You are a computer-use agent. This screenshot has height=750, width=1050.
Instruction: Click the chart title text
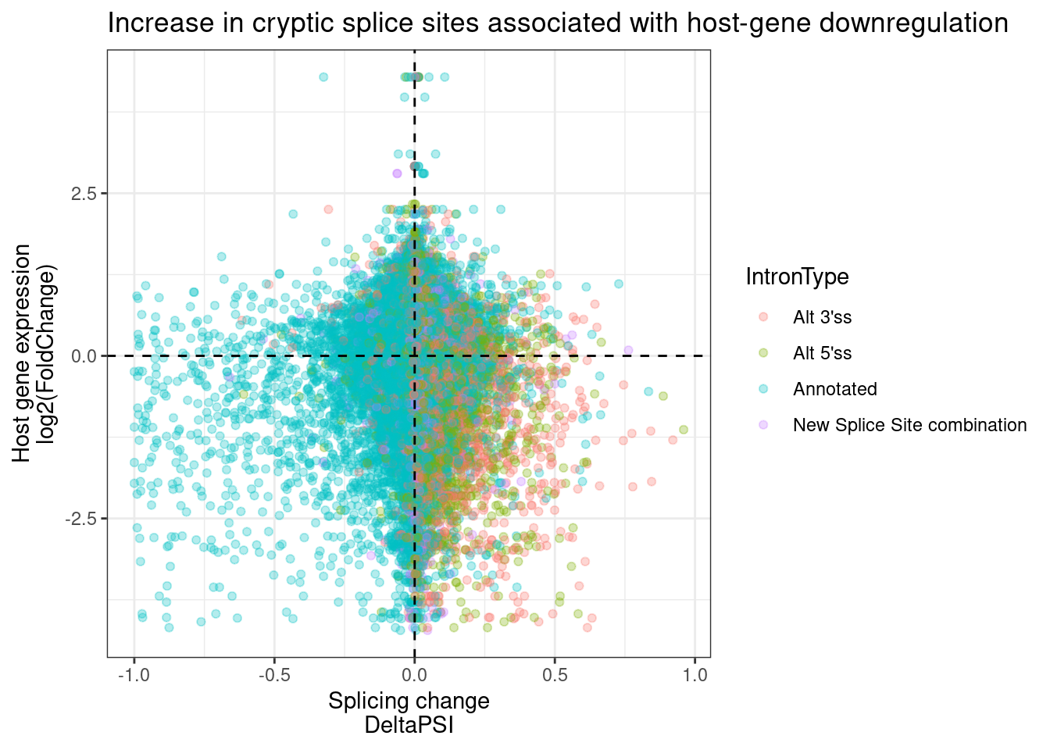point(558,23)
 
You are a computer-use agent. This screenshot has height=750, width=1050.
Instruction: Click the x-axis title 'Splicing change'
point(409,701)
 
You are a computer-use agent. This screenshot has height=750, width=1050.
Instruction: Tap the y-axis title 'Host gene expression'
point(22,353)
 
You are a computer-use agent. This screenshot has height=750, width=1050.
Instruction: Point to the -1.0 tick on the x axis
point(134,675)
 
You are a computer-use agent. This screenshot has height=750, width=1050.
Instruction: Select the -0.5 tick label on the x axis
point(273,675)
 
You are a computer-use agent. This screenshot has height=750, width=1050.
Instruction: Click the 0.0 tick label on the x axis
point(414,675)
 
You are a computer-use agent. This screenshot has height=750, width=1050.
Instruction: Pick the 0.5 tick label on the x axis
point(555,675)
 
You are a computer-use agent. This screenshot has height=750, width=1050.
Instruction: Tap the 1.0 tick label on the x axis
point(695,675)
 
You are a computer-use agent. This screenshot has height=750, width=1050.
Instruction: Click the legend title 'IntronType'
point(797,277)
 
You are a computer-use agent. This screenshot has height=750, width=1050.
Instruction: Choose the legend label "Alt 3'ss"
point(822,317)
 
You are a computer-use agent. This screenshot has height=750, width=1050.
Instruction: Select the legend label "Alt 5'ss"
point(822,353)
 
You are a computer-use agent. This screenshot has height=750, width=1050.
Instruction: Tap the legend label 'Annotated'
point(834,389)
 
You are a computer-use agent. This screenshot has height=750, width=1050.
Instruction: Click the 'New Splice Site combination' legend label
point(909,425)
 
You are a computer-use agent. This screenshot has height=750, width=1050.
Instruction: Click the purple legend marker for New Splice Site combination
point(763,425)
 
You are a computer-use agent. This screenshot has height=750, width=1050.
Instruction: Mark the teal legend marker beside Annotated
point(763,389)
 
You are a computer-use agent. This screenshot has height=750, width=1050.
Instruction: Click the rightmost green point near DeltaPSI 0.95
point(684,430)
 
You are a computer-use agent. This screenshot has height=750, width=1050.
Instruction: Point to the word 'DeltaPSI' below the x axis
point(409,726)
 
